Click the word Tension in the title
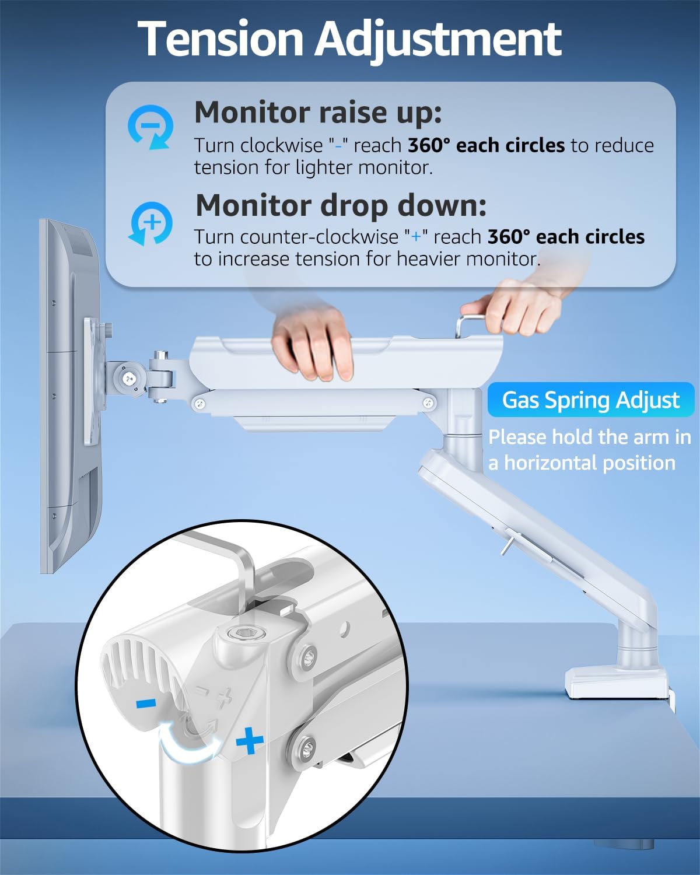222,39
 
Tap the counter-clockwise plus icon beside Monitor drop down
150,223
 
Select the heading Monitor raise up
318,112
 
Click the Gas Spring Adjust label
590,400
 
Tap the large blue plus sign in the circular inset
250,742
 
